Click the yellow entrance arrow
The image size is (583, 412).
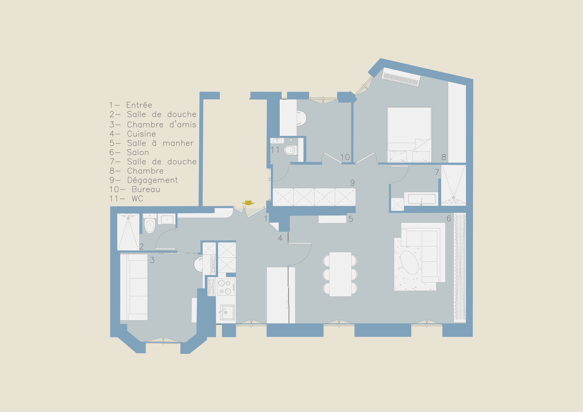tap(248, 203)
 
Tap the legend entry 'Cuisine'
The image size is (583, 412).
tap(141, 134)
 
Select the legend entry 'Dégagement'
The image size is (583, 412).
tap(152, 180)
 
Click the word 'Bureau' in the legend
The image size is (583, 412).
tap(146, 189)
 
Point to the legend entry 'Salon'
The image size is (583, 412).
tap(138, 152)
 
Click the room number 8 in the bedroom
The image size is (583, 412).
tap(444, 157)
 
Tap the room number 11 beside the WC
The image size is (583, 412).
tap(275, 150)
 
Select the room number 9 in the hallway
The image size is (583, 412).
tap(352, 183)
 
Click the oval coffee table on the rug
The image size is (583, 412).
tap(409, 263)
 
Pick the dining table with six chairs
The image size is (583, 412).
tap(340, 274)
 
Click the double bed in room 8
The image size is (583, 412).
tap(409, 135)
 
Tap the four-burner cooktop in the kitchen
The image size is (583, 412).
tap(226, 287)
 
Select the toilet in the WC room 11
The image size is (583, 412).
tap(291, 150)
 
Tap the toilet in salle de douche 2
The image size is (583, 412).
tap(150, 223)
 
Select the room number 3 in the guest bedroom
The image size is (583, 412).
tap(152, 260)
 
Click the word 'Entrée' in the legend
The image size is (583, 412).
tap(139, 105)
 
